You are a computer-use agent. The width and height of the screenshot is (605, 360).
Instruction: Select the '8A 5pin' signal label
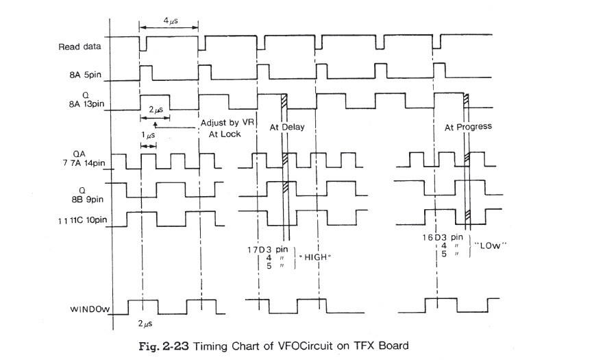click(x=85, y=77)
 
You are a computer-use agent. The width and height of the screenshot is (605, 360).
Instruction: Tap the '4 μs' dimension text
click(x=169, y=22)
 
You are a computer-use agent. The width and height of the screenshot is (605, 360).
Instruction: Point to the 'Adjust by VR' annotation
click(x=225, y=122)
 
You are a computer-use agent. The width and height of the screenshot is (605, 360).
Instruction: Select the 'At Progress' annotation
click(x=468, y=127)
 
